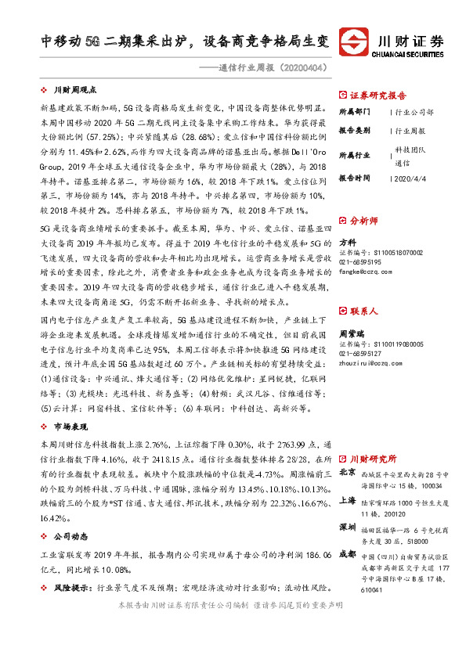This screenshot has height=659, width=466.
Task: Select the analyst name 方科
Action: (x=348, y=243)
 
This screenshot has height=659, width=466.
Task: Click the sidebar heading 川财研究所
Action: (x=374, y=458)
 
